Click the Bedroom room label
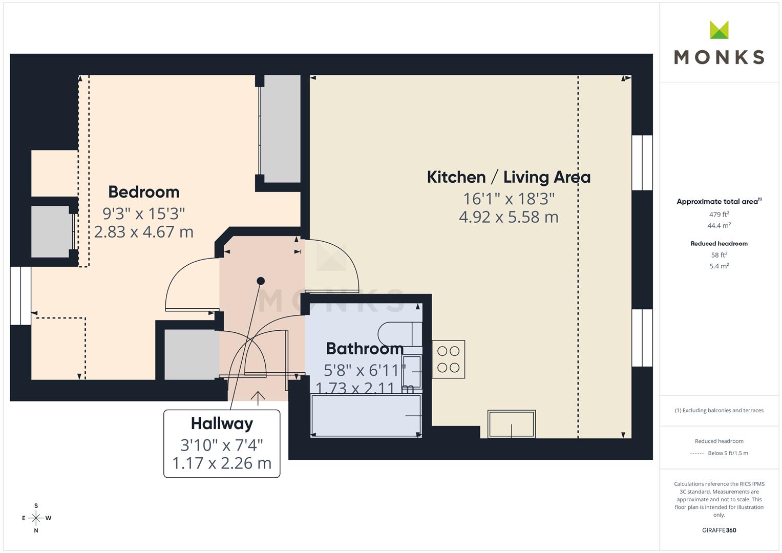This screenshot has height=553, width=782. pos(144,192)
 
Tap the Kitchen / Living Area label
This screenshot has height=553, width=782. pos(509,177)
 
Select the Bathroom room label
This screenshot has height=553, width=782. pos(365,348)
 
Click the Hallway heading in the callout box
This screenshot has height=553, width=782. pos(222,423)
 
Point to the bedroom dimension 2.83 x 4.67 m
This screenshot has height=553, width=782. pos(144,232)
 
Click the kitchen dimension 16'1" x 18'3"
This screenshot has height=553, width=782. pos(509,199)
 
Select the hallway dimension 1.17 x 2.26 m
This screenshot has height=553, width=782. pos(222,463)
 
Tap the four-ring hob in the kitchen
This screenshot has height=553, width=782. pos(448,359)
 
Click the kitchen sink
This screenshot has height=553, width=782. pos(512,424)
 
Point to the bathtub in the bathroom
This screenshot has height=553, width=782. pos(366,415)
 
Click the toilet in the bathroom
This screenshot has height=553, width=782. pos(400,334)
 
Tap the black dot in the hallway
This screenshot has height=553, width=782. pos(261,281)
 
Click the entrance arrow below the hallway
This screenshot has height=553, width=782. pos(258,398)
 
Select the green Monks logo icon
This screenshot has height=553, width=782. pos(719,30)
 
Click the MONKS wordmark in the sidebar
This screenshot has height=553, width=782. pos(719,57)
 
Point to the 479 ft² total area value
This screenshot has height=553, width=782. pos(719,215)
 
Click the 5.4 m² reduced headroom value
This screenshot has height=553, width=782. pos(719,266)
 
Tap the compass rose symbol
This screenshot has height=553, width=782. pos(36,518)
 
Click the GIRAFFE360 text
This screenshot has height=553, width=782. pos(719,530)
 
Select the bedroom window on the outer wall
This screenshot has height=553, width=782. pos(20,296)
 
